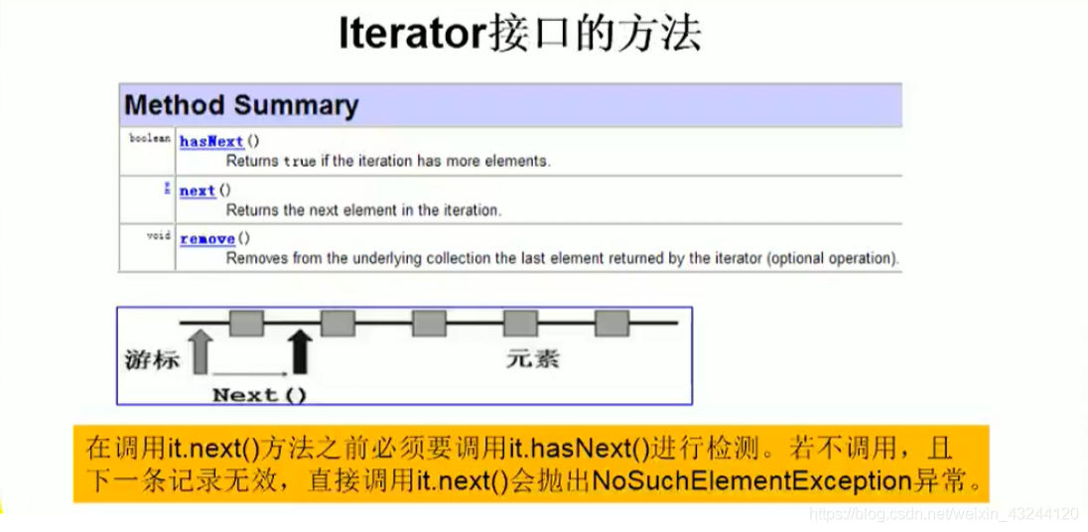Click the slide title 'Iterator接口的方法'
pos(520,35)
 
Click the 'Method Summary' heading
pos(240,105)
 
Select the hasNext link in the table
pos(211,142)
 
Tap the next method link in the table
pos(198,191)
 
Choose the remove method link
pos(207,239)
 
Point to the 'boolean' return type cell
pos(150,139)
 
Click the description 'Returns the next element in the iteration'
pos(363,210)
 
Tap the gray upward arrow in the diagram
pos(201,351)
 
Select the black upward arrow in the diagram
pos(300,350)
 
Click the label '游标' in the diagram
pos(152,359)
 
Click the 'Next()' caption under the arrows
pos(260,395)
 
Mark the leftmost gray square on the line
pos(246,323)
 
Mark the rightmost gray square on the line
pos(612,323)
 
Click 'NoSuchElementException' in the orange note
pos(750,481)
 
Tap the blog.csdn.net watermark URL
pos(943,514)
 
